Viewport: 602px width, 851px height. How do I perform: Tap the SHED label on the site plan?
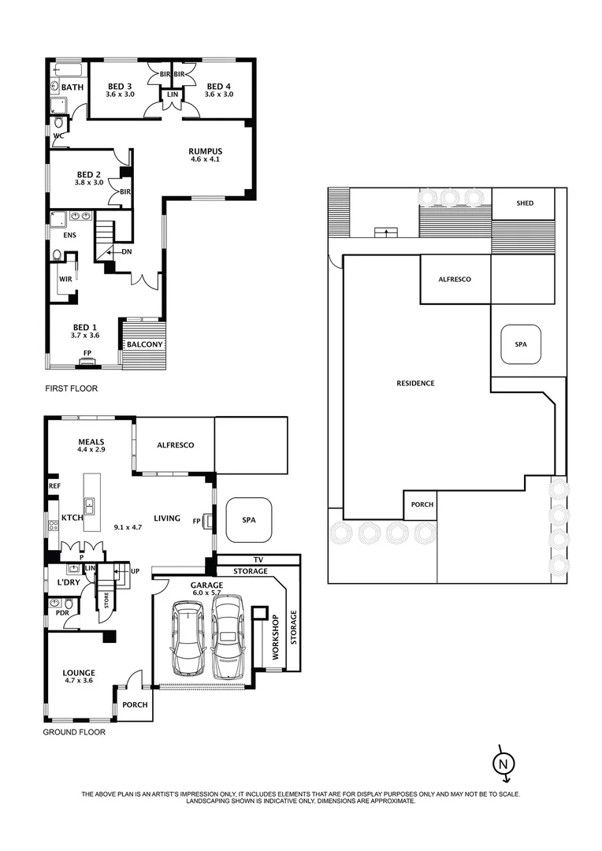pyautogui.click(x=525, y=203)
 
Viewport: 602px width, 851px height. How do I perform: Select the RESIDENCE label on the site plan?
pyautogui.click(x=415, y=384)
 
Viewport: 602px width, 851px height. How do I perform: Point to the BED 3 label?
pyautogui.click(x=121, y=86)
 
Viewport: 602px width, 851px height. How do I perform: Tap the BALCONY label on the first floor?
pyautogui.click(x=144, y=345)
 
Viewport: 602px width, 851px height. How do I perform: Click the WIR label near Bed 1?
pyautogui.click(x=65, y=279)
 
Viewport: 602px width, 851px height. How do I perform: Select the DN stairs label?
pyautogui.click(x=126, y=252)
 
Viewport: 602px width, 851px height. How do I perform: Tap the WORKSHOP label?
pyautogui.click(x=276, y=638)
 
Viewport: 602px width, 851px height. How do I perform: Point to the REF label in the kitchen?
pyautogui.click(x=54, y=486)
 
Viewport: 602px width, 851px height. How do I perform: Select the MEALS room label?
pyautogui.click(x=91, y=441)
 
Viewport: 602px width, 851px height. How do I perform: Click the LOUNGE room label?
pyautogui.click(x=78, y=673)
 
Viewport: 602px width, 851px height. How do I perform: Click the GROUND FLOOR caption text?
pyautogui.click(x=74, y=732)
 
